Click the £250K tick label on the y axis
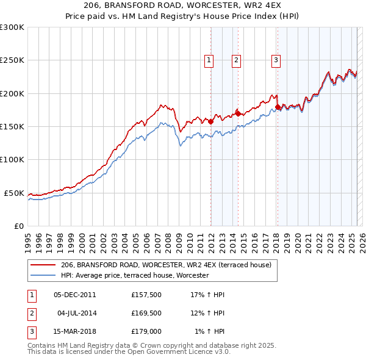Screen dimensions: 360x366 click(12, 60)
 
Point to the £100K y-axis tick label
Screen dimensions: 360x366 click(12, 160)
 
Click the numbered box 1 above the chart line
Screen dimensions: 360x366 click(209, 60)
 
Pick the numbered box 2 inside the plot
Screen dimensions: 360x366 click(235, 60)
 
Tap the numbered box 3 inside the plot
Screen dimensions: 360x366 click(276, 60)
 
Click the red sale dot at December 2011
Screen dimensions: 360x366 click(211, 121)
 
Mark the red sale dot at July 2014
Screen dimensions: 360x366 click(239, 113)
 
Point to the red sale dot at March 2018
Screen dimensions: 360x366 click(278, 107)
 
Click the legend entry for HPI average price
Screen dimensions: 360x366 click(135, 275)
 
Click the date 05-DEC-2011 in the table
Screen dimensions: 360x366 click(75, 295)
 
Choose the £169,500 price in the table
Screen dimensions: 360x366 click(146, 313)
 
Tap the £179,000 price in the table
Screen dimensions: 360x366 click(146, 331)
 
